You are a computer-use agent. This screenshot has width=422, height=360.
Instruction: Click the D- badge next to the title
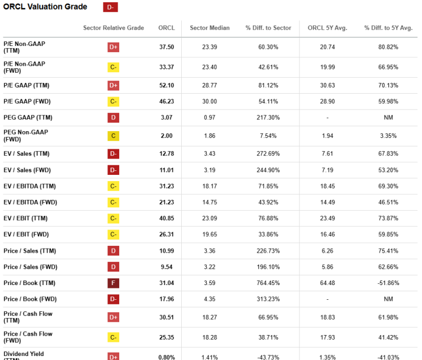(x=110, y=7)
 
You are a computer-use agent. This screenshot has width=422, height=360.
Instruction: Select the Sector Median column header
(x=210, y=28)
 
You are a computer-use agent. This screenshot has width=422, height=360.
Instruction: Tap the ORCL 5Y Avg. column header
(x=328, y=28)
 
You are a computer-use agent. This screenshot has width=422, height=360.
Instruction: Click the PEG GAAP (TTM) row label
(x=28, y=118)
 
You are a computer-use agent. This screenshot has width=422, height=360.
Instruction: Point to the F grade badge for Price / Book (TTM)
(x=113, y=283)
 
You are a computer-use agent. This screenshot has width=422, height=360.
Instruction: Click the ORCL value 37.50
(x=166, y=47)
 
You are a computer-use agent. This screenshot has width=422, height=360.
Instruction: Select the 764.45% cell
(x=268, y=283)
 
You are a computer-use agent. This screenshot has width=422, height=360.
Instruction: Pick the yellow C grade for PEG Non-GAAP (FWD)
(x=113, y=136)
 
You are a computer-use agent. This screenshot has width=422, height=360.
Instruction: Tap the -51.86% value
(x=388, y=283)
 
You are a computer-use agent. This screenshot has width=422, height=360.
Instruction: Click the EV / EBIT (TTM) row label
(x=26, y=218)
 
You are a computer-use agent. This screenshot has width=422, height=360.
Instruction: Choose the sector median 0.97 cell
(x=210, y=118)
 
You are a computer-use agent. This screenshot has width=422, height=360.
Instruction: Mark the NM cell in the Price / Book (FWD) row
(x=388, y=299)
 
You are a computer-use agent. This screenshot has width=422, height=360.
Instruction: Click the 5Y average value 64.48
(x=328, y=283)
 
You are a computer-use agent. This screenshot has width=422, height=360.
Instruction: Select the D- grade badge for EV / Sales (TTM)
(x=113, y=154)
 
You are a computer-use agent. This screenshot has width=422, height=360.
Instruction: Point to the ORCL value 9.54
(x=166, y=267)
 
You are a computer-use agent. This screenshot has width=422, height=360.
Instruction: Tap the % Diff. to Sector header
(x=268, y=28)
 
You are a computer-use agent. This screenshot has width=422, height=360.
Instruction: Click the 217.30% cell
(x=268, y=118)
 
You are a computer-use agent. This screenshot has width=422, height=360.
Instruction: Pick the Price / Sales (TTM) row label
(x=30, y=251)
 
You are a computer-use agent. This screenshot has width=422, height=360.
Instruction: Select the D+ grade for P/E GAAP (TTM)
(x=113, y=86)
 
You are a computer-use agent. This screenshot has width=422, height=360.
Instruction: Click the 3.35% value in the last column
(x=388, y=136)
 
